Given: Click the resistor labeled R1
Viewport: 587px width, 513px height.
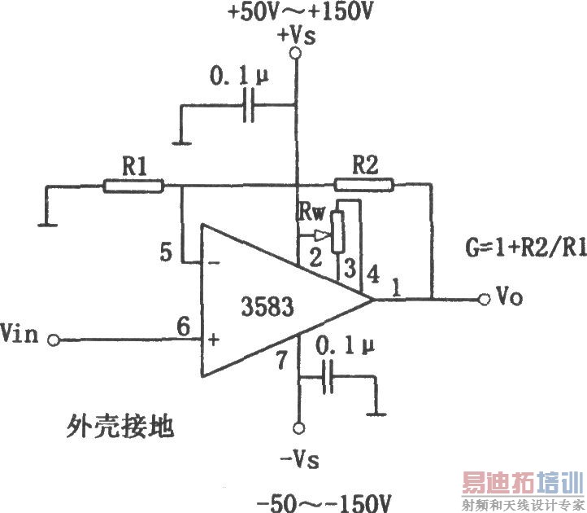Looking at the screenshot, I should [x=133, y=186].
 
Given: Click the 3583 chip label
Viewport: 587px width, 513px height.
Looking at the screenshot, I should [x=266, y=307].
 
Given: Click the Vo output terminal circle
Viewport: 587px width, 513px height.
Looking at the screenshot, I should [x=485, y=298].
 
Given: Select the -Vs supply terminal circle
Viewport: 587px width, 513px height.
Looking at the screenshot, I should [x=298, y=428].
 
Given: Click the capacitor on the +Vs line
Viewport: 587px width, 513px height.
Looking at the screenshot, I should [x=249, y=104].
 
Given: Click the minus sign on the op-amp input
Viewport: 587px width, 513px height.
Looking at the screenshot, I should [x=213, y=263].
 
